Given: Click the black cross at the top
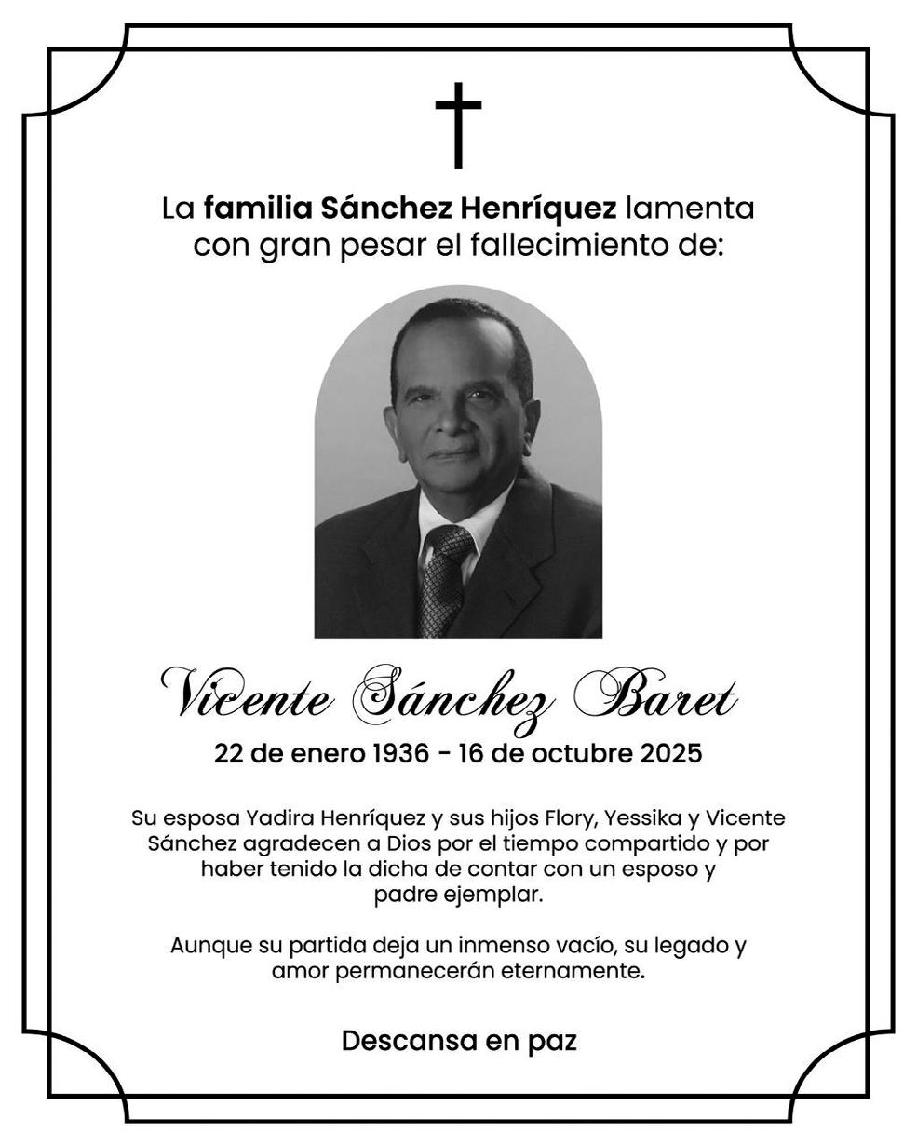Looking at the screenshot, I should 458,125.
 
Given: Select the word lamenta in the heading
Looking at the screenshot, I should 689,207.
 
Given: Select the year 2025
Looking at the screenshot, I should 670,753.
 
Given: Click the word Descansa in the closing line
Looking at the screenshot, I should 410,1041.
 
